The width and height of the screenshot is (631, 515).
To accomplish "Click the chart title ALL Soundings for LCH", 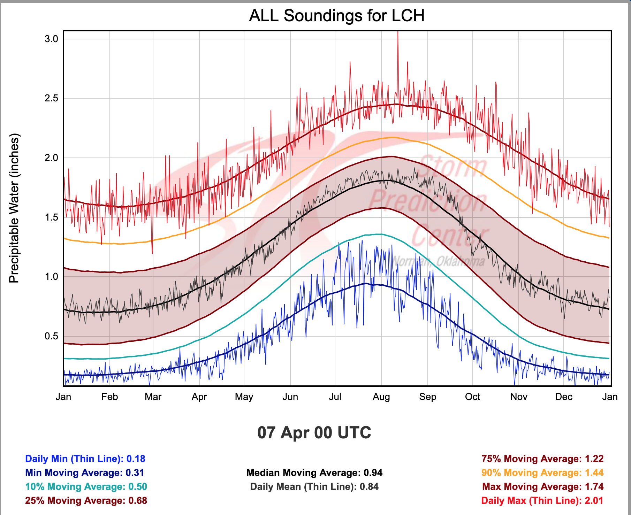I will pyautogui.click(x=337, y=16).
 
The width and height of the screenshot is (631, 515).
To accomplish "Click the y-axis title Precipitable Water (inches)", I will pyautogui.click(x=14, y=208).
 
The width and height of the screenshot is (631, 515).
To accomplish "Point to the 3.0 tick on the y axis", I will pyautogui.click(x=51, y=39).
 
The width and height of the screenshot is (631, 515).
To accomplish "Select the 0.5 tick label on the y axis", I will pyautogui.click(x=51, y=336).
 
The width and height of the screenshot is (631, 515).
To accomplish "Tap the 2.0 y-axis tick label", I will pyautogui.click(x=51, y=158).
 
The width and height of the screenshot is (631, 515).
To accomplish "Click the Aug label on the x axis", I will pyautogui.click(x=381, y=397).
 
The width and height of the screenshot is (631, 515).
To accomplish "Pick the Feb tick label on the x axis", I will pyautogui.click(x=109, y=397).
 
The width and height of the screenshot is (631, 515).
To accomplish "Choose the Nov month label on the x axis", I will pyautogui.click(x=519, y=397).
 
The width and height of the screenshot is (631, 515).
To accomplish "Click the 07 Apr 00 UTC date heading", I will pyautogui.click(x=314, y=432).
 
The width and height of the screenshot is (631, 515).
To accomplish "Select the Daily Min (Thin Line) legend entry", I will pyautogui.click(x=85, y=459).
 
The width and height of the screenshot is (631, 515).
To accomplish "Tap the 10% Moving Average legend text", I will pyautogui.click(x=86, y=487).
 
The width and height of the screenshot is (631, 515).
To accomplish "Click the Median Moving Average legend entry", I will pyautogui.click(x=314, y=473).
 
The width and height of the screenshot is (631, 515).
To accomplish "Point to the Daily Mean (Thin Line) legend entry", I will pyautogui.click(x=314, y=487).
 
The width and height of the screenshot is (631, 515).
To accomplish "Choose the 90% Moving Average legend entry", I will pyautogui.click(x=542, y=473).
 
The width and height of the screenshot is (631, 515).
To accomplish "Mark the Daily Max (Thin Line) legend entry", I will pyautogui.click(x=542, y=501).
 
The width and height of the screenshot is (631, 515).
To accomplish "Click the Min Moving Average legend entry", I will pyautogui.click(x=84, y=473).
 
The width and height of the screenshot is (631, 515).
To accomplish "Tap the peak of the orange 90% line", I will pyautogui.click(x=393, y=138).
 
